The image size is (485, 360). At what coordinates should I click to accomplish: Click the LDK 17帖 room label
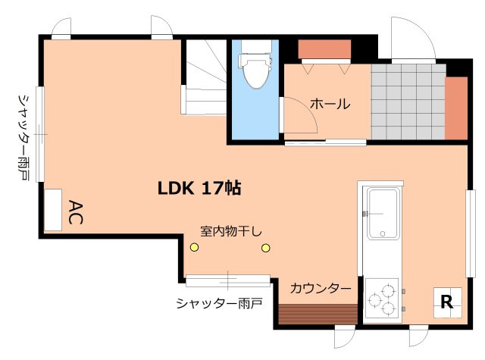(199, 188)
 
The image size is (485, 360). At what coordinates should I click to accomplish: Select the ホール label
(330, 104)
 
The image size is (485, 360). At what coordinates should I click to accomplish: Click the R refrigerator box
(446, 303)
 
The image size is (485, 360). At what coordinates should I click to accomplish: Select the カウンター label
(321, 289)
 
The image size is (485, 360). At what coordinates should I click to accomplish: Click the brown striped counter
(317, 313)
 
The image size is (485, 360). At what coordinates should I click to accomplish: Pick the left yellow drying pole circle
(194, 247)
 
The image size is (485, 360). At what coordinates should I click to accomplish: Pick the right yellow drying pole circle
(266, 247)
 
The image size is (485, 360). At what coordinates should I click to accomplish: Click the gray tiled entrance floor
(407, 102)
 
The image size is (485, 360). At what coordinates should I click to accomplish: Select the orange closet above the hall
(324, 49)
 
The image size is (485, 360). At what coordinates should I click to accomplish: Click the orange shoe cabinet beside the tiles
(456, 108)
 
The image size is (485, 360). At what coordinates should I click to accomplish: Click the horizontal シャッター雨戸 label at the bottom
(219, 303)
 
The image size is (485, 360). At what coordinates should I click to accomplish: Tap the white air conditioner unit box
(53, 209)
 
